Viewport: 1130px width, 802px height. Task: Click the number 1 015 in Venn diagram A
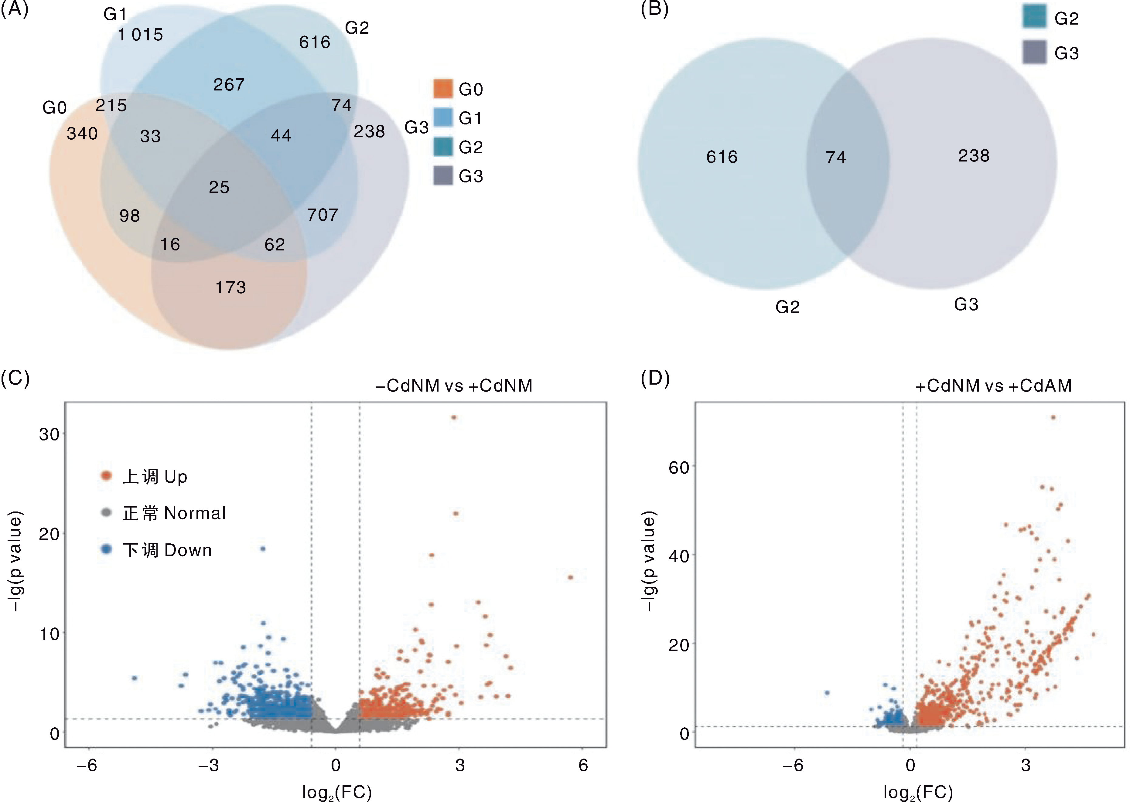click(x=140, y=35)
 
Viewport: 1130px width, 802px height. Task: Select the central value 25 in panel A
click(x=219, y=187)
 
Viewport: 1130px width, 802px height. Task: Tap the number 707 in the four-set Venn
click(x=323, y=215)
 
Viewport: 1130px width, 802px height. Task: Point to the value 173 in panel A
click(x=231, y=287)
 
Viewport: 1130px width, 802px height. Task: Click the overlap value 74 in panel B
click(x=835, y=158)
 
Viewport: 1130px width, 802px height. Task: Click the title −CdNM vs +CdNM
click(x=454, y=386)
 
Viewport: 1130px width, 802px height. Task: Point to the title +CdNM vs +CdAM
click(x=993, y=386)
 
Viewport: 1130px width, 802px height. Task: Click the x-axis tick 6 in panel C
click(x=583, y=765)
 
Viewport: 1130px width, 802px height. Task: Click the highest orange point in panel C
click(x=454, y=417)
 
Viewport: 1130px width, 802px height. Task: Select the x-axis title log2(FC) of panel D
click(x=917, y=792)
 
